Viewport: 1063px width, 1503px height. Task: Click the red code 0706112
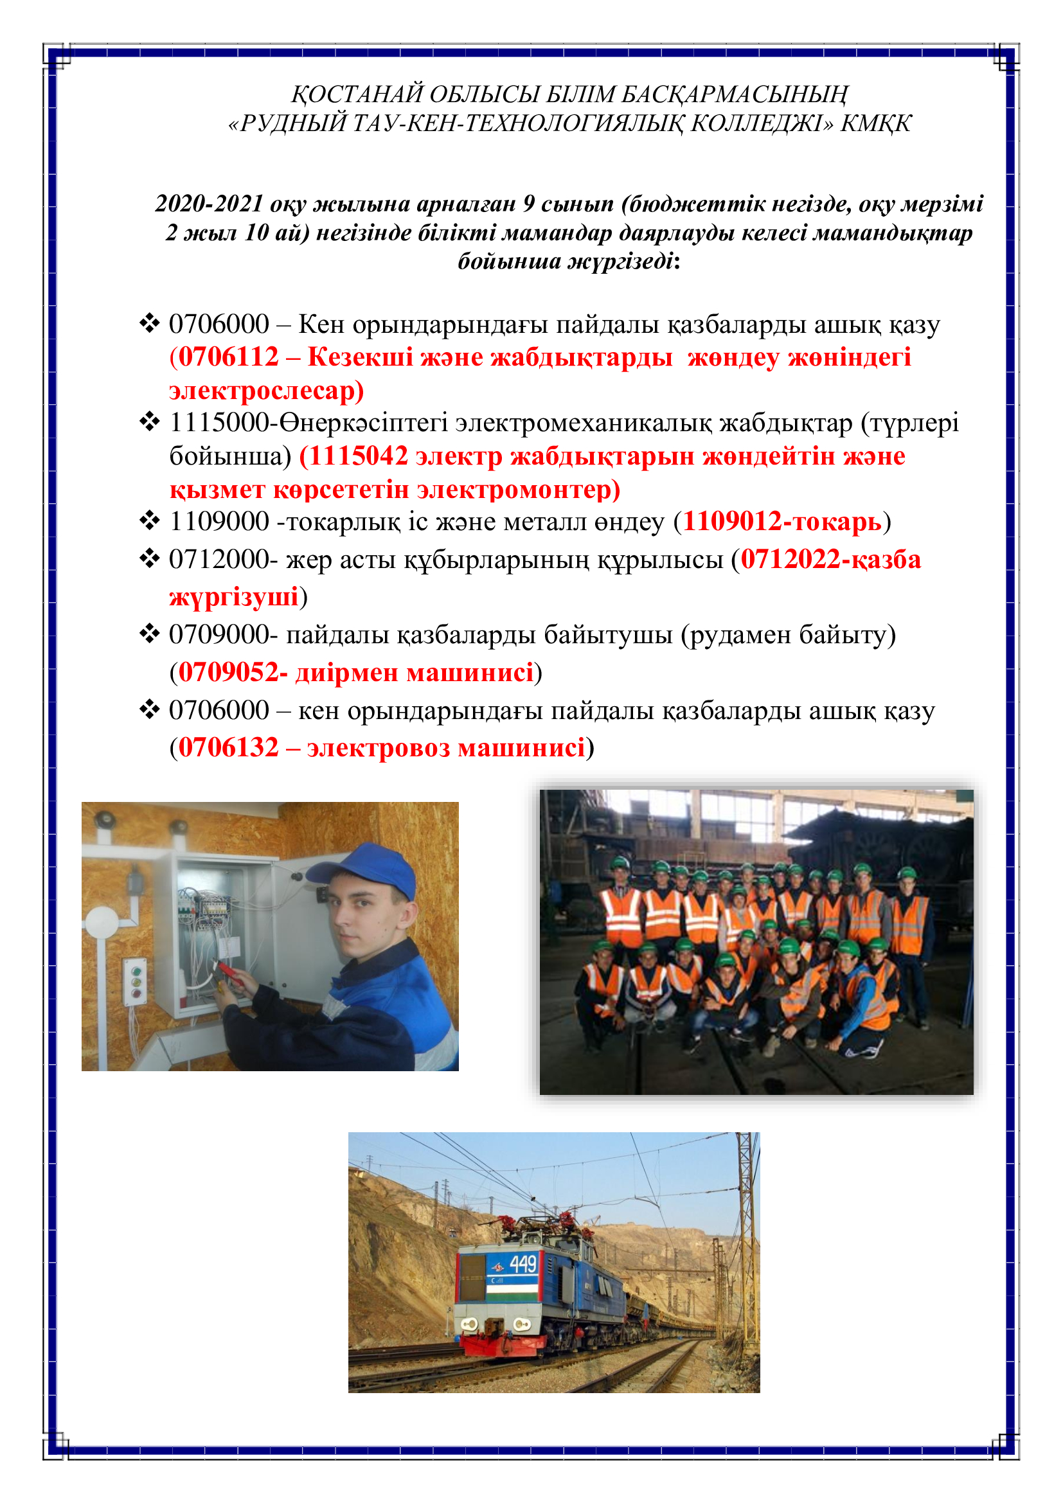228,357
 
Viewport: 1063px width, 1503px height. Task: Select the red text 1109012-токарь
782,522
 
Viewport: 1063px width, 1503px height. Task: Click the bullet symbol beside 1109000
149,522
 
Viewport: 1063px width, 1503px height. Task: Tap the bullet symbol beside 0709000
149,634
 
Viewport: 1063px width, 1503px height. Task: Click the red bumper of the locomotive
503,1347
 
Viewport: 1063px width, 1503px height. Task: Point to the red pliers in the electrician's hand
229,970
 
